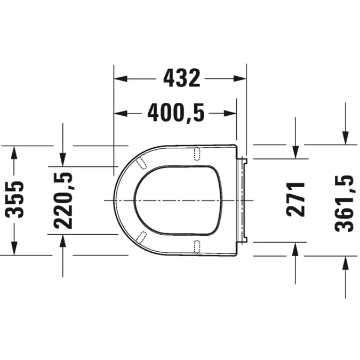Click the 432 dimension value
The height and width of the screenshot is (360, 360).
pos(181,78)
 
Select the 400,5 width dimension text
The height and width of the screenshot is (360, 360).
pos(176,113)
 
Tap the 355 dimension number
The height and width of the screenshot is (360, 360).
pos(17,199)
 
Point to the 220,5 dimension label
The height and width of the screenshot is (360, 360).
pos(62,199)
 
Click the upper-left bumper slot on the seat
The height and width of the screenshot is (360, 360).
pos(142,162)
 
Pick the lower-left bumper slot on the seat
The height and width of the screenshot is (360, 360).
pos(142,237)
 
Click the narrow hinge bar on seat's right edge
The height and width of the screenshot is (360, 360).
pos(244,199)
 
